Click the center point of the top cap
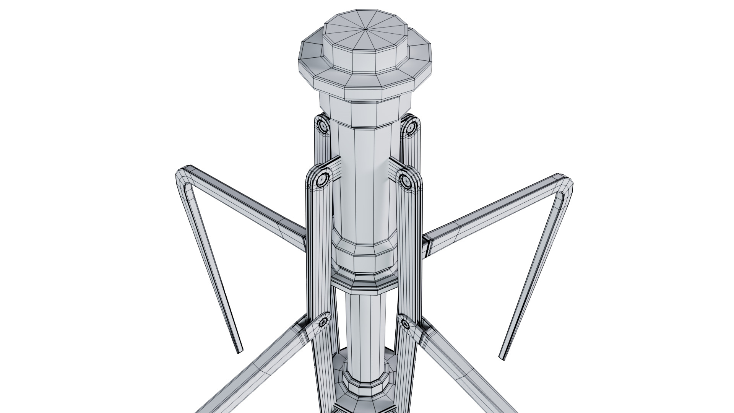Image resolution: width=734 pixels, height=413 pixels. point(366,29)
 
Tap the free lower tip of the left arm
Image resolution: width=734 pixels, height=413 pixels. point(239,350)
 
